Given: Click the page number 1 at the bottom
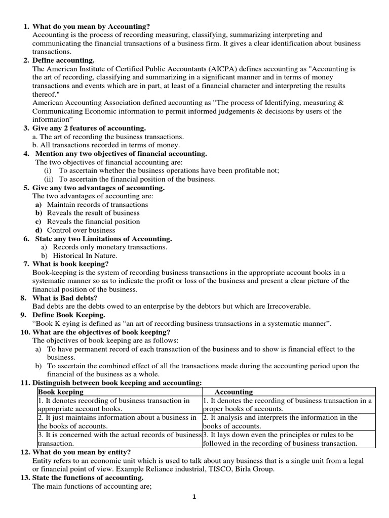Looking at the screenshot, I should [x=193, y=497].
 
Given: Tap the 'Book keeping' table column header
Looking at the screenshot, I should [x=61, y=392].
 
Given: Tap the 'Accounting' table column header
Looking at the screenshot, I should [x=234, y=392].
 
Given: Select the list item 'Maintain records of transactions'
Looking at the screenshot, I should [x=97, y=204].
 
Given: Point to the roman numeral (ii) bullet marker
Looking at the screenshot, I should [x=49, y=179].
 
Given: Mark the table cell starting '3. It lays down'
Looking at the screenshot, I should [x=288, y=439].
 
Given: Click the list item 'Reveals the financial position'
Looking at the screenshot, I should [x=93, y=222].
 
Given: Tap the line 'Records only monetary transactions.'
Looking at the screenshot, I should [x=107, y=247].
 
